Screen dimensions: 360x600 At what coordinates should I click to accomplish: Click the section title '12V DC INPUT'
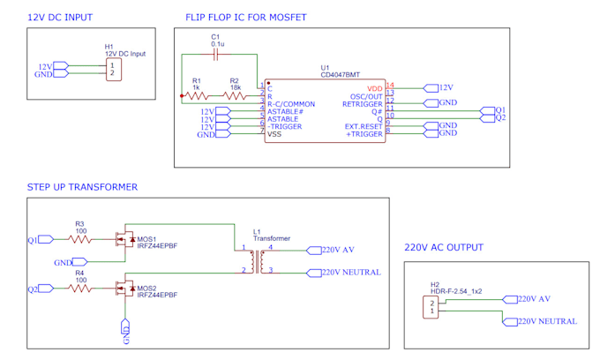coord(60,18)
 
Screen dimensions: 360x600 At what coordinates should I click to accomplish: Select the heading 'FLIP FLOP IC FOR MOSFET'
coord(245,18)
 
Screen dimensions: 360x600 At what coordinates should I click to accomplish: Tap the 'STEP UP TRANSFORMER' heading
coord(82,187)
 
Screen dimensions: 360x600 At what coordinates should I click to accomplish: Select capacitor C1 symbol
coord(216,55)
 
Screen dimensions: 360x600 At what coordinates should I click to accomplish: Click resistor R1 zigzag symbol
coord(197,96)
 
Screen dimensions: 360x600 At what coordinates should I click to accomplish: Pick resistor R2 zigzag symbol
coord(235,96)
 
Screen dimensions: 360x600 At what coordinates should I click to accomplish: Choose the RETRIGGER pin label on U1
coord(363,103)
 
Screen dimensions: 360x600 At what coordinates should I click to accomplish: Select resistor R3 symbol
coord(80,239)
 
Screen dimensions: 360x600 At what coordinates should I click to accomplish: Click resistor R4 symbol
coord(80,289)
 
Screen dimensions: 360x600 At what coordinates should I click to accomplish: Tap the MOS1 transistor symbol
coord(124,239)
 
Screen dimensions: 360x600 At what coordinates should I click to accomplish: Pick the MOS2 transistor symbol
coord(124,289)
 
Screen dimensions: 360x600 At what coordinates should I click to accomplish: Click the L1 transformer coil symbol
coord(257,261)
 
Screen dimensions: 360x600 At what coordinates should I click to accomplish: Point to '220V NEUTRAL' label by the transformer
coord(351,273)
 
